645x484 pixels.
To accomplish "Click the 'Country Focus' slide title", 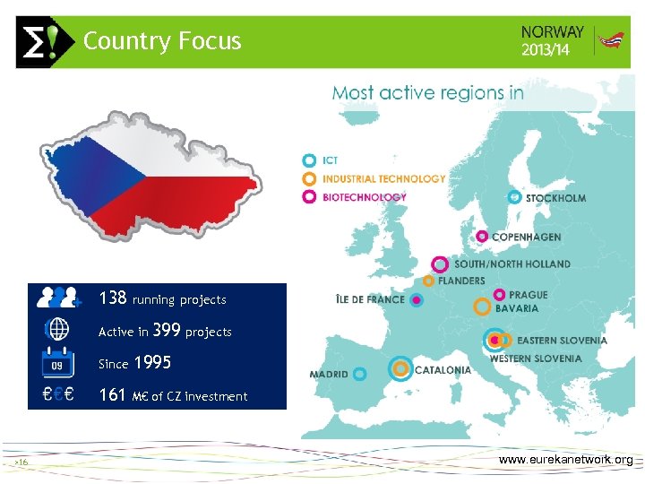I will [x=162, y=41].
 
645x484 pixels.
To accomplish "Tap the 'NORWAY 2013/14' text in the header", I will [x=552, y=41].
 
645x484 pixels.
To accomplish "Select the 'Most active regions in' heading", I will [x=427, y=92].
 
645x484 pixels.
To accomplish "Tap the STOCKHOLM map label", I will [x=555, y=198].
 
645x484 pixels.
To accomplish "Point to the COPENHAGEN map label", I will [x=526, y=238].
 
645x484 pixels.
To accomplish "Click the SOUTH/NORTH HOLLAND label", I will [x=512, y=264].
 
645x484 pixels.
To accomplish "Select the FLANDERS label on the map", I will [x=461, y=281].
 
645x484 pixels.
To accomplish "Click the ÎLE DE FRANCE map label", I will [x=369, y=299].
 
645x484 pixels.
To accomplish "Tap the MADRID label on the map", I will [x=328, y=374].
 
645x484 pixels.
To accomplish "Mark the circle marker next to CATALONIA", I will [x=400, y=368].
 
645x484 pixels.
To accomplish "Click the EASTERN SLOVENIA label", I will [x=562, y=341].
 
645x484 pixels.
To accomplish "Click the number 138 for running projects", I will [x=113, y=298].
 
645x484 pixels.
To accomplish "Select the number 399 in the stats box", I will [x=167, y=331].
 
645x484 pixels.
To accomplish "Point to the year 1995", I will [x=151, y=363].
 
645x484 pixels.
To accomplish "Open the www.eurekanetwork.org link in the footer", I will [x=565, y=460].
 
